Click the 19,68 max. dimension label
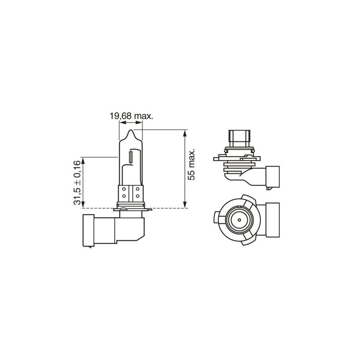(x=131, y=116)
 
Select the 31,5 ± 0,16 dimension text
(x=78, y=182)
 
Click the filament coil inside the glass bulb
(x=131, y=156)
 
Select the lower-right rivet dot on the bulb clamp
(x=137, y=196)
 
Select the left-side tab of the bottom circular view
(x=216, y=218)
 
